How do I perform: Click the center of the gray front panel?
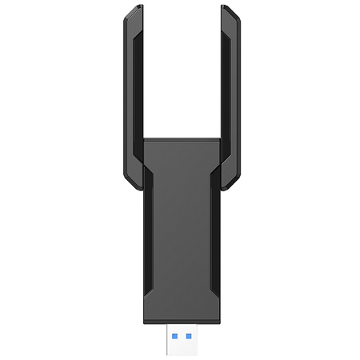[x=179, y=228]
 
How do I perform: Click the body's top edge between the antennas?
[x=179, y=139]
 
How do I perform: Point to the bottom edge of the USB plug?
[x=179, y=350]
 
